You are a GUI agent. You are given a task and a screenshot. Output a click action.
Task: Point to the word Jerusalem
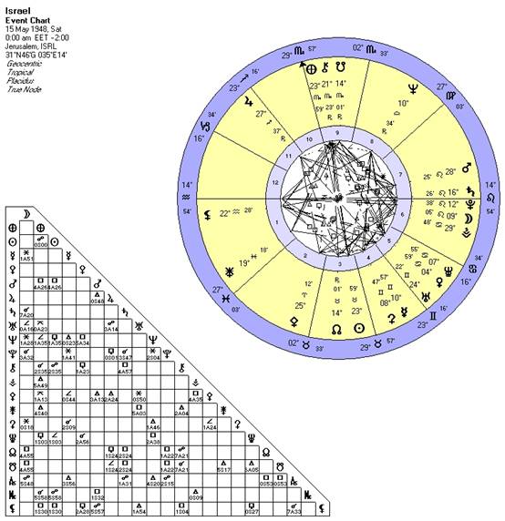point(19,47)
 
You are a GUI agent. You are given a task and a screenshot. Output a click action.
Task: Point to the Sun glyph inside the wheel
point(358,326)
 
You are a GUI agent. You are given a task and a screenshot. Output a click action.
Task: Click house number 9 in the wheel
point(335,131)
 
